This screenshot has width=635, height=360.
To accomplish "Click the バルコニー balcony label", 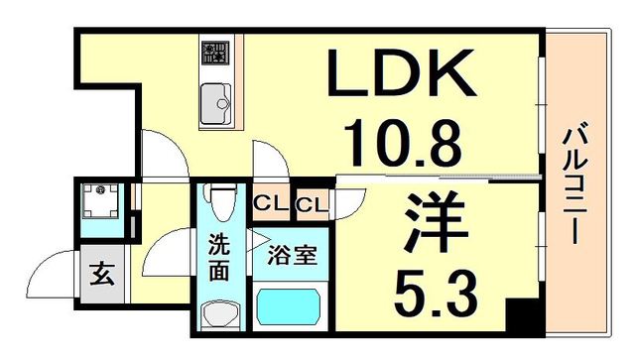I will coord(572,184).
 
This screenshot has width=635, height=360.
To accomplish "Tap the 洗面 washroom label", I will coord(220,255).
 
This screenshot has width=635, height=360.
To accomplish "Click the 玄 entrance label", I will coord(104,271).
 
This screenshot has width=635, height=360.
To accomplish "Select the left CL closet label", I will coord(268,206).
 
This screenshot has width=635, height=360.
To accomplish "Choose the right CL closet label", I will coord(311,206).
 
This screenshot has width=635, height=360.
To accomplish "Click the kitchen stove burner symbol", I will coord(213,51).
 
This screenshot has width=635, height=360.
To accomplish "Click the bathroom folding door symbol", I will coord(260,239).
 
